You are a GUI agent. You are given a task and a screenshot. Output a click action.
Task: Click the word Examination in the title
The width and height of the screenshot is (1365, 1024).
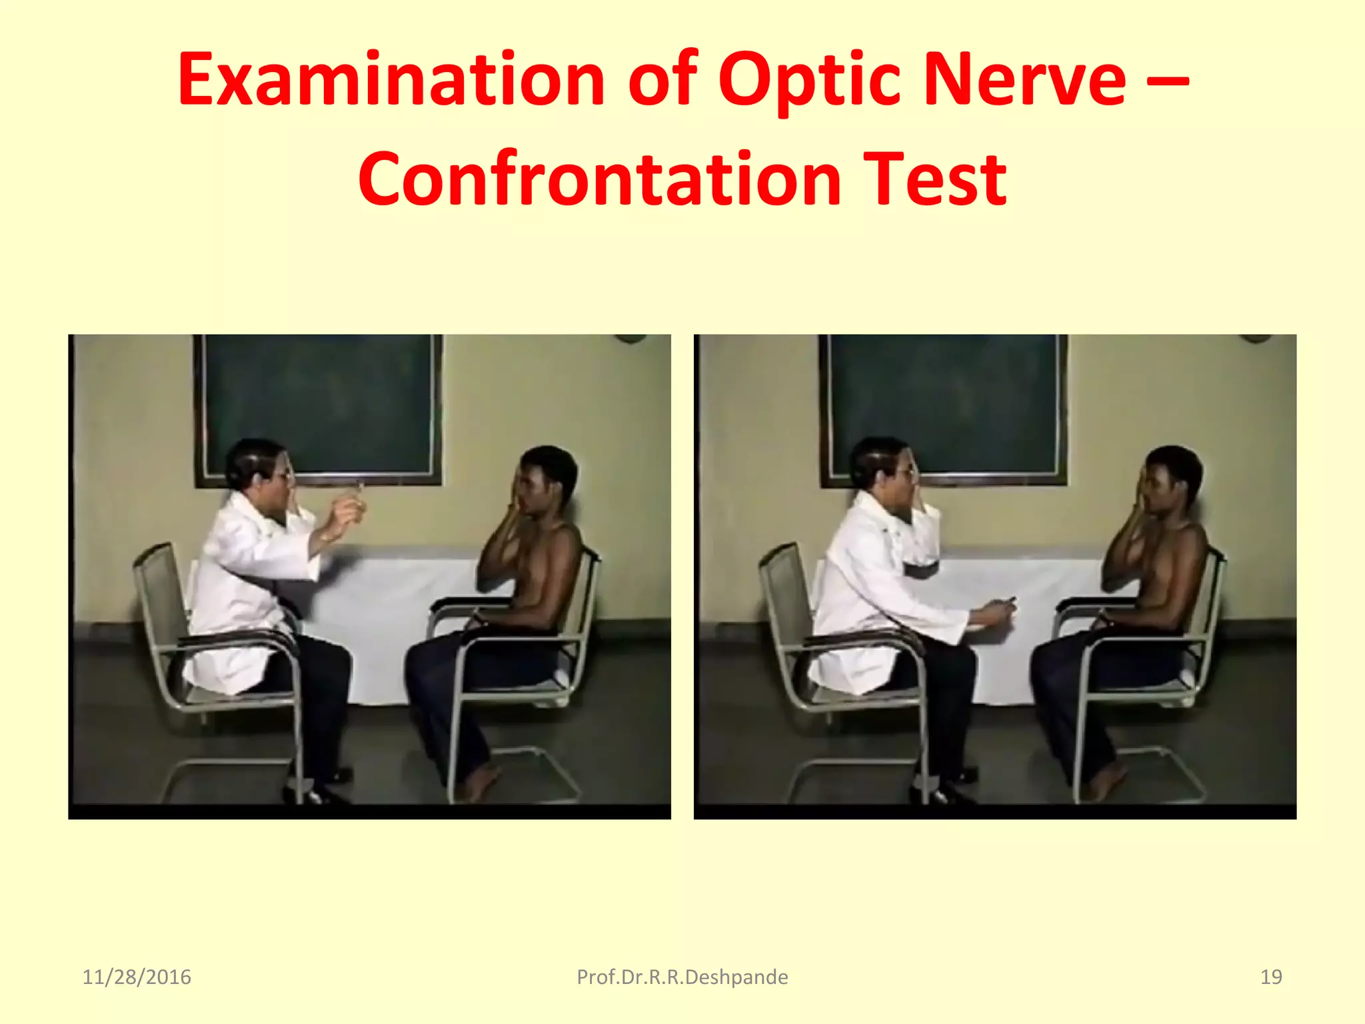pyautogui.click(x=391, y=80)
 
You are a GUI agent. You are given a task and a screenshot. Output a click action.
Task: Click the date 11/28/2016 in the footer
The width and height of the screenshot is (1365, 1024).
pyautogui.click(x=137, y=977)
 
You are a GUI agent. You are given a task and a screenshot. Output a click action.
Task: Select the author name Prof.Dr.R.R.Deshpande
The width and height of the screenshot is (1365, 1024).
pyautogui.click(x=682, y=977)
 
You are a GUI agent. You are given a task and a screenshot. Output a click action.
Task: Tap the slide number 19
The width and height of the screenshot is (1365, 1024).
pyautogui.click(x=1271, y=977)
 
